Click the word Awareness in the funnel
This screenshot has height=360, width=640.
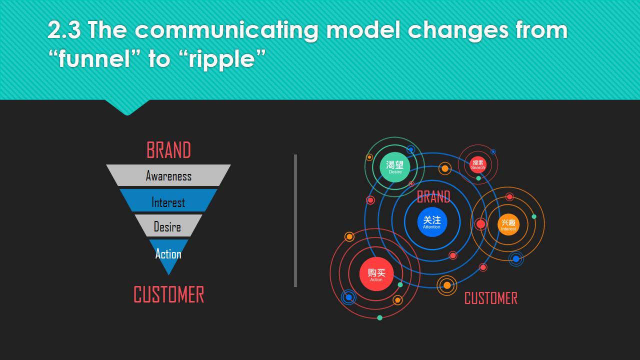pyautogui.click(x=168, y=176)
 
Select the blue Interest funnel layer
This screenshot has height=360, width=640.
pyautogui.click(x=168, y=200)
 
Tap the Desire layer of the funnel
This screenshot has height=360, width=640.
pyautogui.click(x=168, y=225)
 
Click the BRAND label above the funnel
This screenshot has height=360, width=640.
pyautogui.click(x=168, y=150)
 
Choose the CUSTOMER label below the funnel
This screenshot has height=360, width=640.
pyautogui.click(x=169, y=294)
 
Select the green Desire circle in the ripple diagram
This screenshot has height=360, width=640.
pyautogui.click(x=395, y=167)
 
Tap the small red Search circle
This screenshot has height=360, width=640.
pyautogui.click(x=477, y=165)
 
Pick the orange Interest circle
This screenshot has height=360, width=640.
pyautogui.click(x=508, y=224)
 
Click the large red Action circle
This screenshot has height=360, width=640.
pyautogui.click(x=376, y=274)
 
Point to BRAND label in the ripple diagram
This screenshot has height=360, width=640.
pyautogui.click(x=433, y=197)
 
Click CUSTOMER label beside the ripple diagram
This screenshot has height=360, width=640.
pyautogui.click(x=491, y=298)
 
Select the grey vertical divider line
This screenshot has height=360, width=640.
pyautogui.click(x=295, y=220)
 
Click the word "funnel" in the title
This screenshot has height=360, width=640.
pyautogui.click(x=95, y=58)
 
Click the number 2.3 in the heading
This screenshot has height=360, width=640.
pyautogui.click(x=64, y=30)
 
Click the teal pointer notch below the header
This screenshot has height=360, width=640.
pyautogui.click(x=127, y=107)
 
